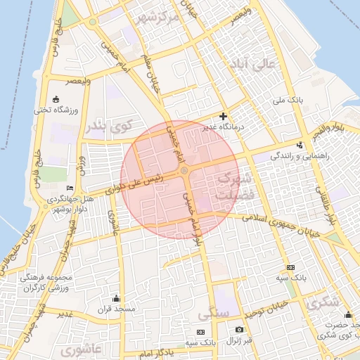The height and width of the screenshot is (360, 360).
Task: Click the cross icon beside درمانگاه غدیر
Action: (224, 116)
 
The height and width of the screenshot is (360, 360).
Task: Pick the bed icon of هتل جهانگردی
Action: (69, 188)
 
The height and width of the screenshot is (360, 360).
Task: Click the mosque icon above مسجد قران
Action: (115, 298)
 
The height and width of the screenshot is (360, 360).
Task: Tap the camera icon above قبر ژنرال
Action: (239, 329)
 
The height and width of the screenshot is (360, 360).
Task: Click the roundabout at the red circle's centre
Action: (184, 170)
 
